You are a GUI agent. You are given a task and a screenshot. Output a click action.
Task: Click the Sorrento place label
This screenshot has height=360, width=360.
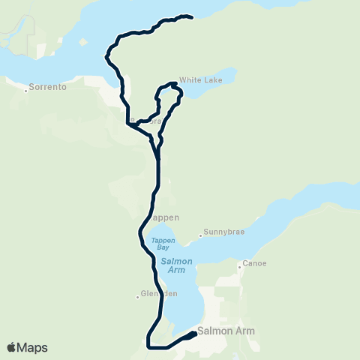click(49, 88)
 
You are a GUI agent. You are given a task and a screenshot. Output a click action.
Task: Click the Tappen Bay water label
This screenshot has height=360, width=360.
click(162, 244)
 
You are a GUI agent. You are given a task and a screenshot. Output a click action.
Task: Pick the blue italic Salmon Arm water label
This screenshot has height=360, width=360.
click(176, 265)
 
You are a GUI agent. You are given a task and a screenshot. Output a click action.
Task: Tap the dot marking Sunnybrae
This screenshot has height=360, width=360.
click(201, 235)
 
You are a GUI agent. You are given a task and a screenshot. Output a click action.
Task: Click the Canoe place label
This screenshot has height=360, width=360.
click(254, 264)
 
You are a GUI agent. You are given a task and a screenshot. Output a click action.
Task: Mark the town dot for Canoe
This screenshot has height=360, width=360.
click(239, 264)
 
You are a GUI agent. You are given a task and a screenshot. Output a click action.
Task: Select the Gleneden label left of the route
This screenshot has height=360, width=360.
click(161, 294)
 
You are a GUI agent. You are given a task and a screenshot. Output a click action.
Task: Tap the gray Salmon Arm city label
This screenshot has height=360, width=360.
click(226, 331)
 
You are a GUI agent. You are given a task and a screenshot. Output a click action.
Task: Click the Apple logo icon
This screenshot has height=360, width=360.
click(12, 347)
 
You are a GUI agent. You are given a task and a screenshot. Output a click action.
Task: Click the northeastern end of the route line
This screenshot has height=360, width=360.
click(192, 16)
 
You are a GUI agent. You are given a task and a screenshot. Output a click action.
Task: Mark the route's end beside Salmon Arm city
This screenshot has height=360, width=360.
click(194, 334)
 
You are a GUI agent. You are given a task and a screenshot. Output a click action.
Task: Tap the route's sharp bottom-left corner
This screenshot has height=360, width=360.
click(148, 346)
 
